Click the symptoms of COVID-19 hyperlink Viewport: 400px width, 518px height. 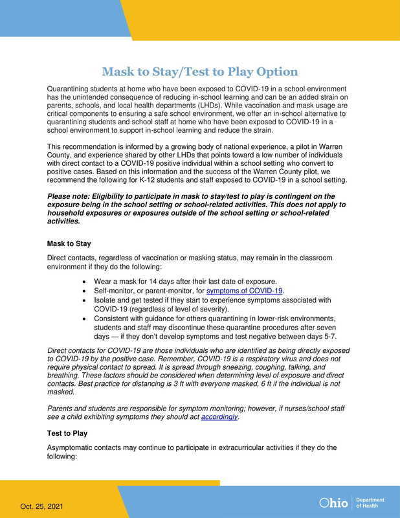[245, 291]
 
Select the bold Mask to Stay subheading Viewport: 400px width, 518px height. [70, 244]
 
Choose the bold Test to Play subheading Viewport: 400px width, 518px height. [70, 433]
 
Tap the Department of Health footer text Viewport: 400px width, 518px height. [371, 503]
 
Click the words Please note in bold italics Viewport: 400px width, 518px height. [71, 196]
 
